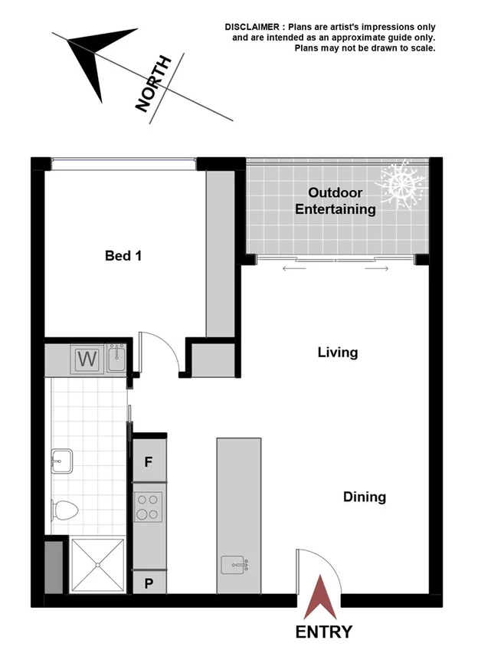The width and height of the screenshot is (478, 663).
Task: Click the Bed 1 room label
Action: [x=123, y=256]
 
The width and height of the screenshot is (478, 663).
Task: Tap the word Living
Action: [x=338, y=353]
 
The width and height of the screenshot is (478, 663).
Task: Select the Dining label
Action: [x=364, y=497]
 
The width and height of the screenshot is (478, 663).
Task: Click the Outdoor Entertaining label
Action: [x=336, y=201]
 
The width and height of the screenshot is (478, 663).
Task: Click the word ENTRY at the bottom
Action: [x=324, y=632]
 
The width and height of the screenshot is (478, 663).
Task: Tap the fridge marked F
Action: [x=149, y=462]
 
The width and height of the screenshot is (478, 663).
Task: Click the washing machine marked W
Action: [x=88, y=359]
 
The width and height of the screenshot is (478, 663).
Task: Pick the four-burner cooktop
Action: [x=149, y=505]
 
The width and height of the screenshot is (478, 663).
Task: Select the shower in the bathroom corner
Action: [x=97, y=565]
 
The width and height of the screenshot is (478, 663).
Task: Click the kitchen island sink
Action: [x=234, y=565]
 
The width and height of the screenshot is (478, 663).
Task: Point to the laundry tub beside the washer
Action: [x=117, y=358]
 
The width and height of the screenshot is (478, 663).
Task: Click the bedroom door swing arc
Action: [x=164, y=353]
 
